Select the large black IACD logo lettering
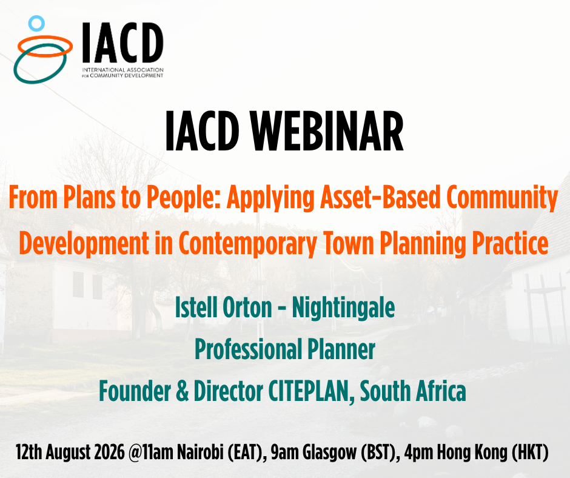click(x=122, y=42)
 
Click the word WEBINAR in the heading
click(x=327, y=131)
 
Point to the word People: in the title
click(x=184, y=198)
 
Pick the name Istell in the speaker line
click(x=196, y=308)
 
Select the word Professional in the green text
click(x=249, y=349)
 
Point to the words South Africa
click(x=413, y=391)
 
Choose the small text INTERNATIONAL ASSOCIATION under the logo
click(x=123, y=70)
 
